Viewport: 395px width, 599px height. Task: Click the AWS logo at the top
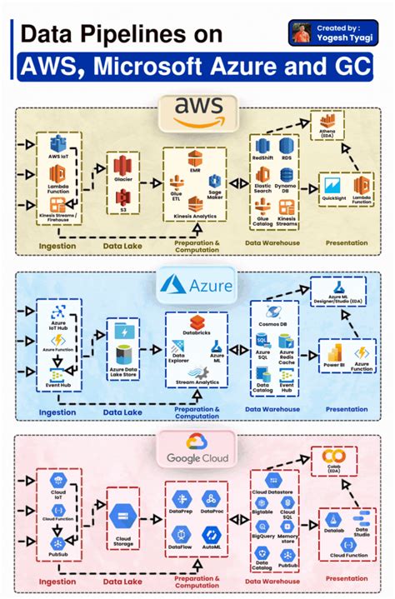click(198, 111)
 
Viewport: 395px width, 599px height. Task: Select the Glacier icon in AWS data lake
click(123, 167)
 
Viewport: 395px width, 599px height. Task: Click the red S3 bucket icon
click(123, 197)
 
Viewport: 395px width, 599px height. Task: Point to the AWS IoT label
click(58, 157)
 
